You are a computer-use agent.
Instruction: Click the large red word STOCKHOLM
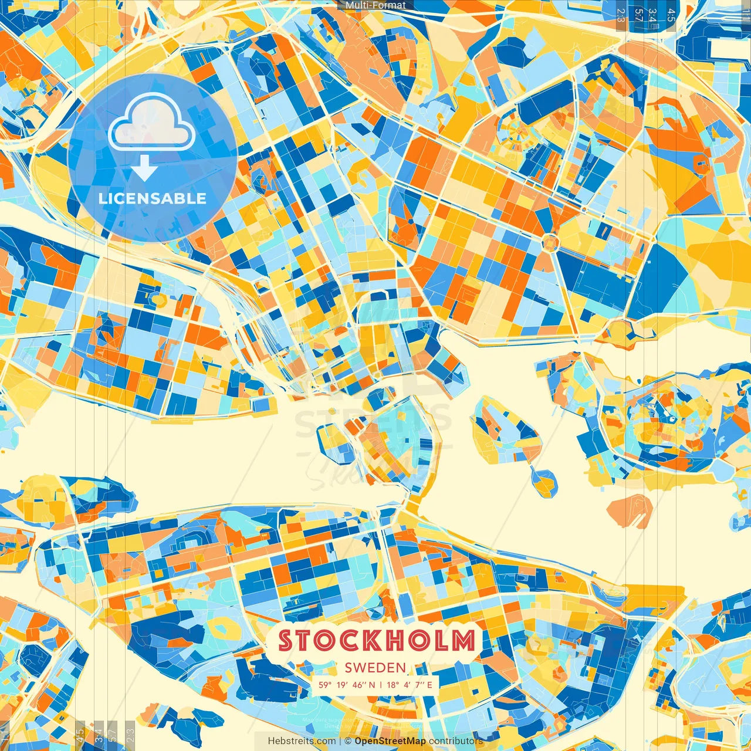point(376,641)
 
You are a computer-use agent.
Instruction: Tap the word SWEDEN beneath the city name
point(375,668)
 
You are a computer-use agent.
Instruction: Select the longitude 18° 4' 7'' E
point(409,685)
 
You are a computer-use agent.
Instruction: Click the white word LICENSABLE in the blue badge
point(153,198)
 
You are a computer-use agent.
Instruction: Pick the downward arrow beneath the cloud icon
point(144,168)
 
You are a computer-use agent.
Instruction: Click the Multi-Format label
point(375,5)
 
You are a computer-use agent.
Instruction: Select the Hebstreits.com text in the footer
point(302,741)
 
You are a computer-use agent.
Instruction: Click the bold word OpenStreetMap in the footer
point(390,741)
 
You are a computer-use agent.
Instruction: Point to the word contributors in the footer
point(456,741)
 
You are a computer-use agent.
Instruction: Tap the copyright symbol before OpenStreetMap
point(348,741)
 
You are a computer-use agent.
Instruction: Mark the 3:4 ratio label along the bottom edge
point(99,735)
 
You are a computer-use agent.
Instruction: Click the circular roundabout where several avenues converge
point(550,241)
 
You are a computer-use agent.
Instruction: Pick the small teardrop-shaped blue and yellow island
point(543,482)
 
